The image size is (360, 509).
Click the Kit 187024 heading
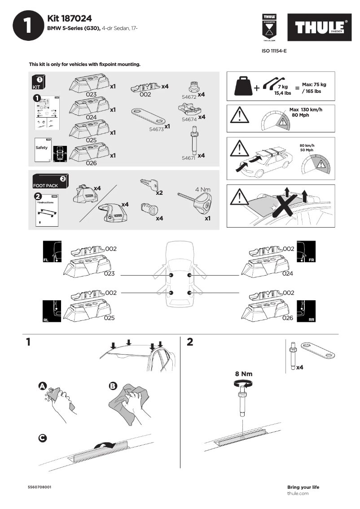point(70,18)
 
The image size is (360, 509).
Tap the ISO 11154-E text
point(274,51)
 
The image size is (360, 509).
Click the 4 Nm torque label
point(203,189)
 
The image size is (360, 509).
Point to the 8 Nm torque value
point(243,373)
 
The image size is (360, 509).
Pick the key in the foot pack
point(149,184)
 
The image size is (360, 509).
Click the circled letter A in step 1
point(42,386)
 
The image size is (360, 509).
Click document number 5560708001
point(40,487)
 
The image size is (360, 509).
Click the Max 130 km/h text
point(306,110)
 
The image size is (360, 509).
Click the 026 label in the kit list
point(91,163)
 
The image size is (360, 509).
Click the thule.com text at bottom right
point(298,493)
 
